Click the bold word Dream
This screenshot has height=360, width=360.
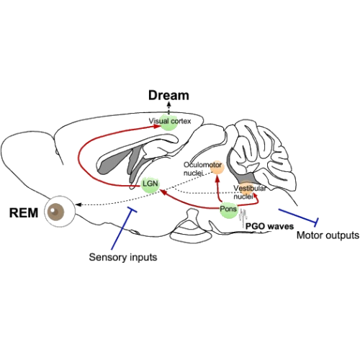(168, 95)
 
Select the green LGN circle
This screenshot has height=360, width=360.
(150, 184)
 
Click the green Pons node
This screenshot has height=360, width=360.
(229, 210)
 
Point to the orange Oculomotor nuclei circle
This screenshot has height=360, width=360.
(217, 168)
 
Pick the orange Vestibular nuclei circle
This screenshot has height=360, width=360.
(247, 188)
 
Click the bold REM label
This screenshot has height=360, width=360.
(24, 213)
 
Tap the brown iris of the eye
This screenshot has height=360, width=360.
(56, 212)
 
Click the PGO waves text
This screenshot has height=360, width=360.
(269, 226)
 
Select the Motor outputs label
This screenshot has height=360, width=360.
(328, 235)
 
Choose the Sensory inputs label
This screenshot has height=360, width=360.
(123, 257)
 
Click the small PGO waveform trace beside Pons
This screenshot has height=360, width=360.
(243, 216)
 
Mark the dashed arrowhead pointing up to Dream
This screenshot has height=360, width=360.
(169, 104)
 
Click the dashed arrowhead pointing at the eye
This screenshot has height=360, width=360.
(78, 204)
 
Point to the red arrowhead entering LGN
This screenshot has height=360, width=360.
(163, 192)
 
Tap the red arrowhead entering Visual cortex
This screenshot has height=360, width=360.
(157, 127)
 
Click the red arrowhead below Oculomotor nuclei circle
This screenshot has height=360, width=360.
(217, 178)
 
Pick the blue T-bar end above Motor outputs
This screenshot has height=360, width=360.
(317, 222)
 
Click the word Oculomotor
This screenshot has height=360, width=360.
(202, 165)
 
